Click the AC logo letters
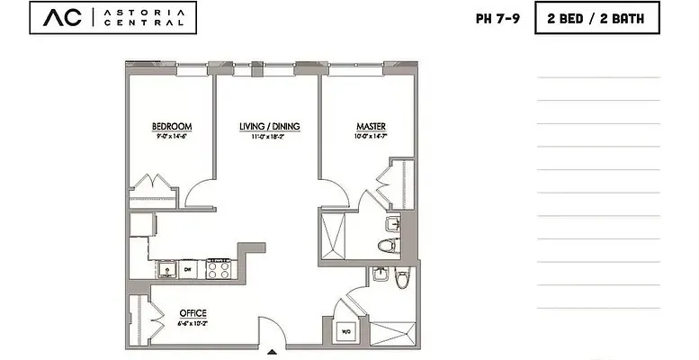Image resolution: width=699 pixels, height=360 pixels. (x=58, y=18)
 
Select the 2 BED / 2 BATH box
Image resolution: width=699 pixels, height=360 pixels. (x=596, y=17)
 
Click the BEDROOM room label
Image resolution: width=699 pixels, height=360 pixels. (x=171, y=126)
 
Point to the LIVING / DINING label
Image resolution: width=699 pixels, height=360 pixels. (x=269, y=126)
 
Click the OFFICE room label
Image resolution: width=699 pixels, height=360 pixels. (x=193, y=312)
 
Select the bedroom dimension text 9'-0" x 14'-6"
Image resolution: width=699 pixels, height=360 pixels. (x=171, y=137)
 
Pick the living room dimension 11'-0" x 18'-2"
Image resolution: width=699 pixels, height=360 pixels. (x=269, y=137)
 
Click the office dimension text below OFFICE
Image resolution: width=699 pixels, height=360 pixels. (x=193, y=322)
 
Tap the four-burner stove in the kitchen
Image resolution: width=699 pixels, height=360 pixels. (x=219, y=267)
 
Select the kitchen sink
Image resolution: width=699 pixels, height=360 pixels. (x=166, y=267)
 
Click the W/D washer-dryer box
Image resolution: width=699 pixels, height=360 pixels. (x=344, y=331)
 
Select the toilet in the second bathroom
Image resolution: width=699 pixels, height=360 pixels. (x=402, y=280)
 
